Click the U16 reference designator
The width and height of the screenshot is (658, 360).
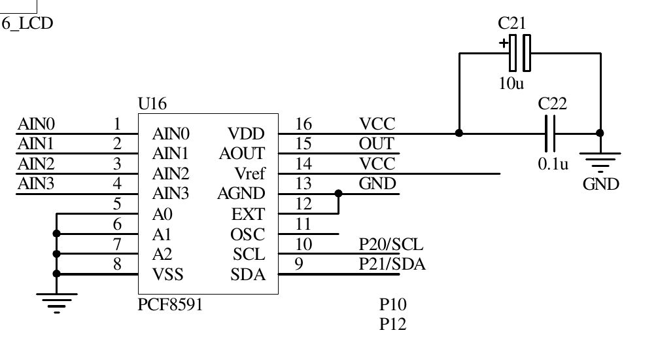pos(152,103)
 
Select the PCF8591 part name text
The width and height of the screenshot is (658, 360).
pos(170,304)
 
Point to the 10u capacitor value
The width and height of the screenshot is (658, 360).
pos(511,84)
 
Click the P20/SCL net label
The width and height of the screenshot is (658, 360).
pos(391,245)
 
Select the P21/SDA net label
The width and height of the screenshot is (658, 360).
pos(392,264)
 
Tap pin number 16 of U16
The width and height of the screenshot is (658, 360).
pos(303,124)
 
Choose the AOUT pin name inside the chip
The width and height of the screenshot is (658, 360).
pos(242,154)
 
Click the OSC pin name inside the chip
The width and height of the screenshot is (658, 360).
pos(248,234)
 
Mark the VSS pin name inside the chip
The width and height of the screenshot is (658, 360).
pos(167,275)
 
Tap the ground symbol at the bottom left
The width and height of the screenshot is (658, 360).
pos(56,303)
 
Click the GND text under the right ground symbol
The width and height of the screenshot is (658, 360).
pos(600,184)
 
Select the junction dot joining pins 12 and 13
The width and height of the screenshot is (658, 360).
pos(338,193)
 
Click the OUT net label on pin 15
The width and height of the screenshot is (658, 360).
pos(377,143)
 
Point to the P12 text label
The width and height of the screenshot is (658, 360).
pos(393,324)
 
